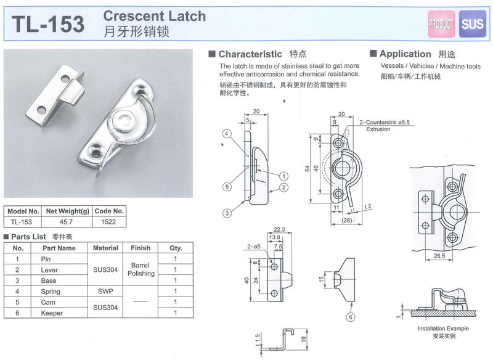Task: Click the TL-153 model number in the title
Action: [49, 23]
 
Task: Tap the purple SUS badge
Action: [473, 24]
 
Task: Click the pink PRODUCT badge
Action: [441, 24]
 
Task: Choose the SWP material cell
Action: [105, 292]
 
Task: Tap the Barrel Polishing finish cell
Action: [141, 269]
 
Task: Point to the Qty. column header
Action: [176, 248]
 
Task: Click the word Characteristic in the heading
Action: [250, 54]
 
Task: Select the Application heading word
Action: [405, 54]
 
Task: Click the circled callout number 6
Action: [349, 318]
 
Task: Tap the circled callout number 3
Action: [227, 213]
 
